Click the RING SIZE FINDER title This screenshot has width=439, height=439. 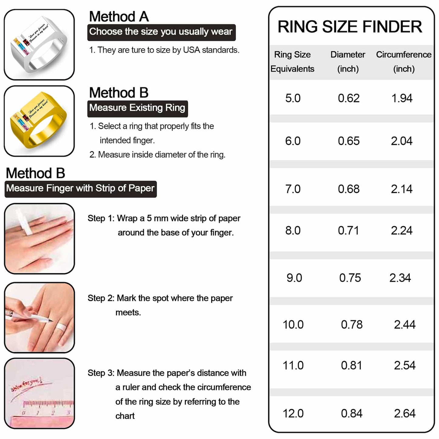point(350,27)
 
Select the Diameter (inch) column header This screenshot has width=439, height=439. point(348,62)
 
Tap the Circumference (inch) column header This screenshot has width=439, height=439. point(403,62)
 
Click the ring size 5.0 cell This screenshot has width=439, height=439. point(293,98)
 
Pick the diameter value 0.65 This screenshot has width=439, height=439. point(348,141)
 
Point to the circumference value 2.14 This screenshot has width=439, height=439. point(401,189)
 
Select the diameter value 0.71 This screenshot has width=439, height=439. point(348,231)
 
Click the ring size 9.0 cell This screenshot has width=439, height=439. point(294,278)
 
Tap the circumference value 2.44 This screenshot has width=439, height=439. point(404,324)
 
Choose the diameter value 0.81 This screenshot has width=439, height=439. point(351,365)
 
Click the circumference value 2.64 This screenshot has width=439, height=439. point(404,413)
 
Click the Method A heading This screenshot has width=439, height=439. point(119,16)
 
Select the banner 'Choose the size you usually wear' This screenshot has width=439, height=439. point(161,32)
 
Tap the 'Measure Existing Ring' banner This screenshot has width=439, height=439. point(137,108)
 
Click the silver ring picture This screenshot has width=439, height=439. point(39,45)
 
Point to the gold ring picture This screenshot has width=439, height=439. point(39,121)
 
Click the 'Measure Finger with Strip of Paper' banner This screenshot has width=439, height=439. point(81,189)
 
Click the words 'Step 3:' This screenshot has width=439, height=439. point(101,373)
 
